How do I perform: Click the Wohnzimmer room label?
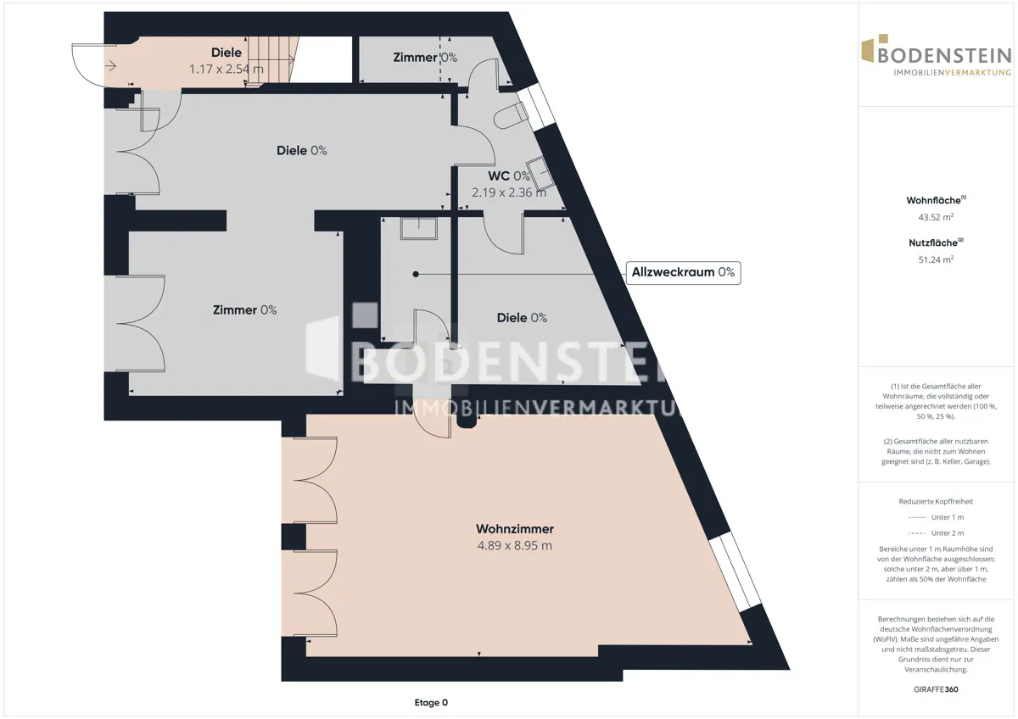[x=514, y=529]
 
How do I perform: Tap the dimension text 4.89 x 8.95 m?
[x=514, y=545]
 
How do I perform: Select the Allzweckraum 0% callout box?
[x=683, y=272]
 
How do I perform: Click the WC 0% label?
[x=509, y=176]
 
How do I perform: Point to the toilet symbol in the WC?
[x=510, y=116]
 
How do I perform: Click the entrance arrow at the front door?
[x=110, y=67]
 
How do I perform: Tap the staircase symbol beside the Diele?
[x=271, y=59]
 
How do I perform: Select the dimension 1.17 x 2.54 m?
[x=227, y=69]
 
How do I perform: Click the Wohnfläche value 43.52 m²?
[x=936, y=217]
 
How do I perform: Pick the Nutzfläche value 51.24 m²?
[x=936, y=259]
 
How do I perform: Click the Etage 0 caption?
[x=431, y=702]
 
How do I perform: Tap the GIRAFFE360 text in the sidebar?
[x=936, y=689]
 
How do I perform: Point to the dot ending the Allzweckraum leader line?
[x=416, y=275]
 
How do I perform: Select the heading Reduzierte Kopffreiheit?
[x=936, y=501]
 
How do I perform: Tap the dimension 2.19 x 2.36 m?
[x=509, y=192]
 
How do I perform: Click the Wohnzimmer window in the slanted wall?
[x=735, y=571]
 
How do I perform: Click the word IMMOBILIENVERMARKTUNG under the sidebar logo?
[x=952, y=73]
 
